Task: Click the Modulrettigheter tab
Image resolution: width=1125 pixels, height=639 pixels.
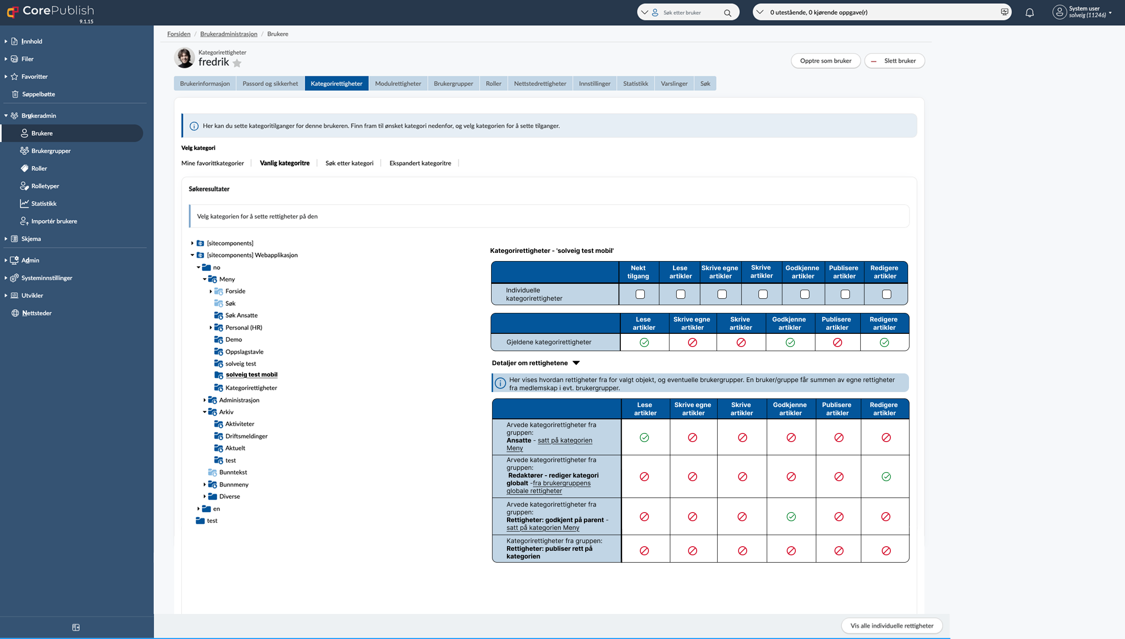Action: pos(398,83)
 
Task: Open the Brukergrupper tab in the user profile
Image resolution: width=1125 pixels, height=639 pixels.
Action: pos(453,83)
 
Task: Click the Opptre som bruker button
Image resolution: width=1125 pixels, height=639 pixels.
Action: pos(826,60)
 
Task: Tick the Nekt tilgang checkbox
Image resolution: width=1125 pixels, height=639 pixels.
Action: pos(640,294)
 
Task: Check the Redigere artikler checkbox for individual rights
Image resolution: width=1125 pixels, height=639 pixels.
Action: pos(887,294)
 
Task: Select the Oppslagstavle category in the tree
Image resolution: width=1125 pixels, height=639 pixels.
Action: pos(244,352)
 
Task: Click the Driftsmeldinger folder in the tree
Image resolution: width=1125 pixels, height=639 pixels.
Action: pos(246,436)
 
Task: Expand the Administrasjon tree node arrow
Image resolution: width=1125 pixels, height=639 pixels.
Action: pos(205,400)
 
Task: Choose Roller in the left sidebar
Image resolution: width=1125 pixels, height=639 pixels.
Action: pos(39,168)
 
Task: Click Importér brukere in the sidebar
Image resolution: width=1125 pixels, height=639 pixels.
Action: pos(54,221)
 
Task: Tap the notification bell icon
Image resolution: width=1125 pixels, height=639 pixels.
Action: pos(1030,13)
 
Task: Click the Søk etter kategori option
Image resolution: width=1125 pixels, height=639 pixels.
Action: pos(349,163)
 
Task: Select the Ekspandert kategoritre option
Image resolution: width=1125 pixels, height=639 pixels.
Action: pos(420,163)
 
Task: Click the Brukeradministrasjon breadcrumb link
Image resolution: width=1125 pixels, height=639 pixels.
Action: pos(229,34)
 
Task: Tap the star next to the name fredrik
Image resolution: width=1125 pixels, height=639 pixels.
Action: pos(237,63)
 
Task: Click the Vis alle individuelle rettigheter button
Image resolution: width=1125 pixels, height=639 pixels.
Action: pos(892,625)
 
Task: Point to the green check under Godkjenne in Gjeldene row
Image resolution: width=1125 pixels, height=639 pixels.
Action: pos(790,342)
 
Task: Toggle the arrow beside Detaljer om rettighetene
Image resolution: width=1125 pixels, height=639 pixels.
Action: pos(576,363)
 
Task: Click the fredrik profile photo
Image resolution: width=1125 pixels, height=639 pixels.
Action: pos(184,58)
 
